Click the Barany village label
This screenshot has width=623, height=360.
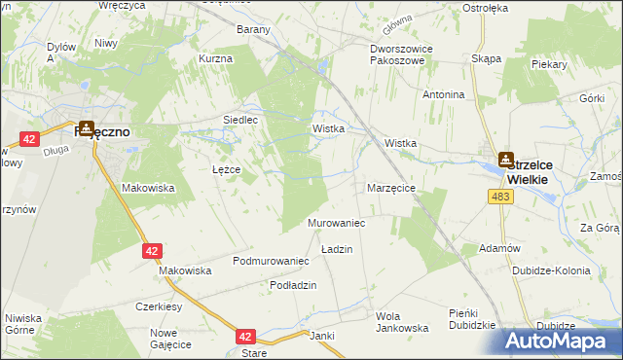click(253, 29)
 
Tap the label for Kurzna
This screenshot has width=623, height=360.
click(215, 58)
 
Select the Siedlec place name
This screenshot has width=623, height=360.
click(239, 120)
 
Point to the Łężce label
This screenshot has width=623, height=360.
click(226, 169)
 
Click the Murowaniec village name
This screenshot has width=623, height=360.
click(336, 224)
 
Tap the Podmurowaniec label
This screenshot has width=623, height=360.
click(271, 261)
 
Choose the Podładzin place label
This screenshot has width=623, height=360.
click(294, 284)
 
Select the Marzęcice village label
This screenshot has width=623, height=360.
click(391, 187)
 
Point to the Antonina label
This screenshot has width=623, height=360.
click(443, 94)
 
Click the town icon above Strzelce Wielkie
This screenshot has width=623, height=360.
click(506, 159)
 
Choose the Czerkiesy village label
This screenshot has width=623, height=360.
click(160, 306)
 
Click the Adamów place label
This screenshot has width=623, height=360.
click(499, 248)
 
